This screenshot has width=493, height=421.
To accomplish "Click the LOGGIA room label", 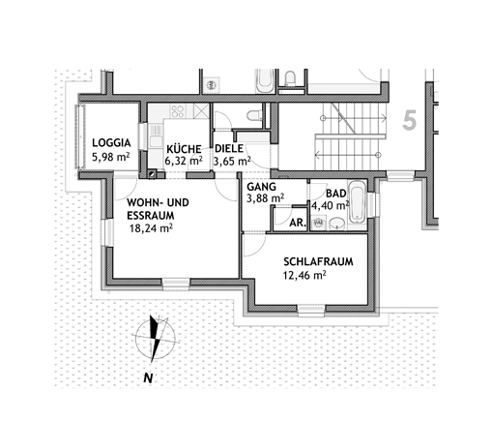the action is (x=111, y=143).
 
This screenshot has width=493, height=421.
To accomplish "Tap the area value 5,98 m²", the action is (x=111, y=158).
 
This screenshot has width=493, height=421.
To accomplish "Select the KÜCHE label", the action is (x=184, y=149).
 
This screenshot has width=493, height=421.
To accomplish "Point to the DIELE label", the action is (x=229, y=149).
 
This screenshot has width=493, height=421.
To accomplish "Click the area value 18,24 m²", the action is (x=151, y=228).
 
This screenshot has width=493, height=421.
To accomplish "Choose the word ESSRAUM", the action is (x=151, y=216).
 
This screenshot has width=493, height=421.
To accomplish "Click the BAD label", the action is (x=336, y=194).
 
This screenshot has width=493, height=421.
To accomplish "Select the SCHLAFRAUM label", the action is (x=318, y=261).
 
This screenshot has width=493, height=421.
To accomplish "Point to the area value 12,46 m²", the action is (x=304, y=276).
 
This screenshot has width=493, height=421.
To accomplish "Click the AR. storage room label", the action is (x=298, y=223).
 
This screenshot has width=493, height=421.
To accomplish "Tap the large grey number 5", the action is (x=410, y=120).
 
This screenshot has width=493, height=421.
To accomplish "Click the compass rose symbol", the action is (x=156, y=338).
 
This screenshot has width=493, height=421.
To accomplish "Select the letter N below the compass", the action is (x=148, y=378).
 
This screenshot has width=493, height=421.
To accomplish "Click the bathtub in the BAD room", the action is (x=358, y=201).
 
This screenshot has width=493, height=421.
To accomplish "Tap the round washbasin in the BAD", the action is (x=337, y=223).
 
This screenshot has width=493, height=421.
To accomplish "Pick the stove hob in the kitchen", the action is (x=178, y=111).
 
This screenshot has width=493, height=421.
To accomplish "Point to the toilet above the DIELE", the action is (x=255, y=115).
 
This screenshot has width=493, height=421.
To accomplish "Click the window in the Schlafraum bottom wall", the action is (x=311, y=310).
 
